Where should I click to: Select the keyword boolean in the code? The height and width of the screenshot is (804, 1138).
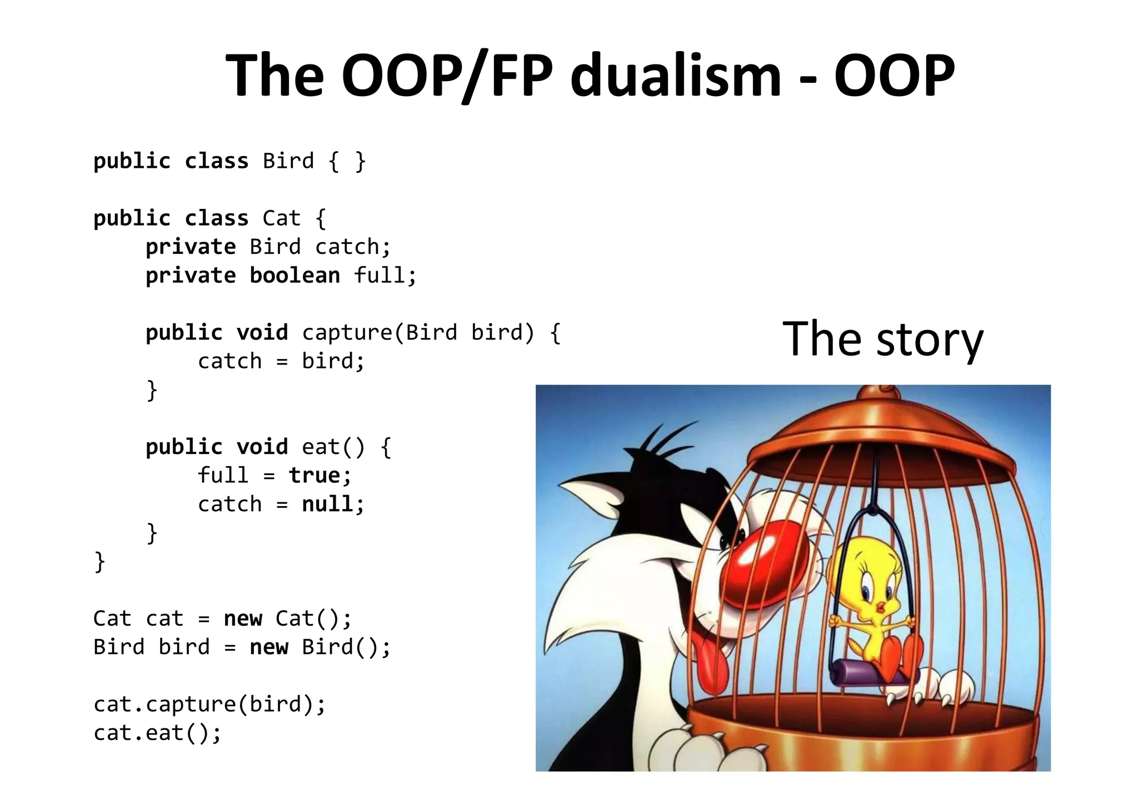295,276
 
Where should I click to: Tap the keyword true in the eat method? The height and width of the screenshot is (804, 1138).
315,476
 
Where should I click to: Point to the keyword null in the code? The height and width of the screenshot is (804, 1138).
327,505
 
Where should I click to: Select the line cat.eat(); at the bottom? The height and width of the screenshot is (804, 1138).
157,733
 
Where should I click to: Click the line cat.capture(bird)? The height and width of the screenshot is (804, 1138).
209,705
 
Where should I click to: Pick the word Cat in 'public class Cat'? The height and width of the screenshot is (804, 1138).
281,218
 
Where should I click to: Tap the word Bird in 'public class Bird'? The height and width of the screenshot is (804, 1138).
288,161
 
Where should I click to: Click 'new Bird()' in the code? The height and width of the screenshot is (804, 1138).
320,647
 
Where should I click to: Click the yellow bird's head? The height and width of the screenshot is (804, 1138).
867,578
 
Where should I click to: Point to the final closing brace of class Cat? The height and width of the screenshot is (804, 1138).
99,562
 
